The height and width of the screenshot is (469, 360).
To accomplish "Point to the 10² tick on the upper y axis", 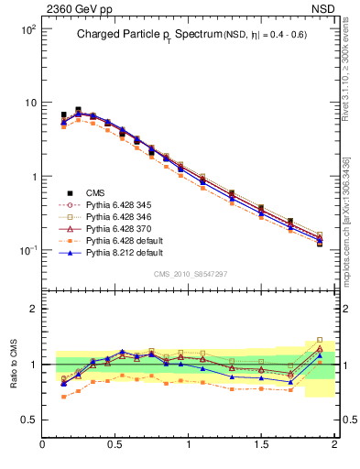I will (x=27, y=29).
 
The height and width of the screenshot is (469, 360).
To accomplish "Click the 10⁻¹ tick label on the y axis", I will (x=27, y=250).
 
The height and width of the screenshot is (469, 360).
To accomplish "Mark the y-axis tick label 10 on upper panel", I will (x=29, y=103).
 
